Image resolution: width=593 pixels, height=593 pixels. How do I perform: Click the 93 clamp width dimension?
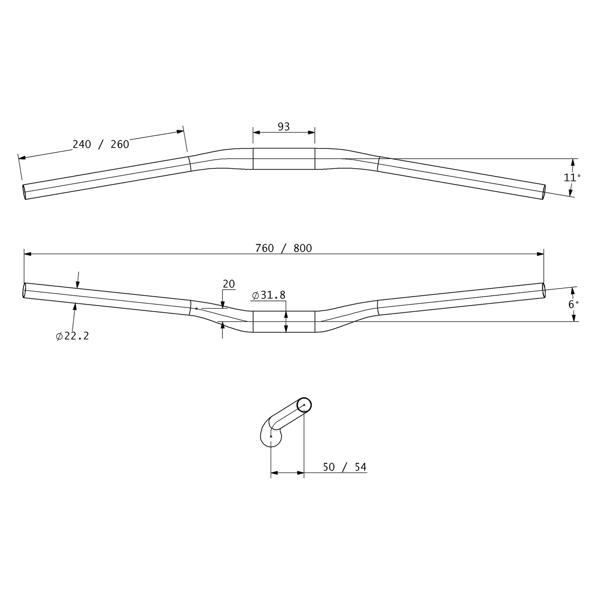pyautogui.click(x=284, y=126)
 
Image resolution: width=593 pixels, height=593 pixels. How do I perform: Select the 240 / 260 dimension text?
pyautogui.click(x=101, y=144)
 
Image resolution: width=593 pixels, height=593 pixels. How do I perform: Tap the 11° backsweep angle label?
pyautogui.click(x=572, y=177)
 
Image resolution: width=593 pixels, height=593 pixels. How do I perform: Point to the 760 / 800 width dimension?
pyautogui.click(x=284, y=248)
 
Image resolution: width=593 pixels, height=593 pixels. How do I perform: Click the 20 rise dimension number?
pyautogui.click(x=229, y=284)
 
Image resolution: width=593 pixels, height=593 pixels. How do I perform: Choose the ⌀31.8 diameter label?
pyautogui.click(x=268, y=295)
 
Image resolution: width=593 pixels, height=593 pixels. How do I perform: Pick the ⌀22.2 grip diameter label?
pyautogui.click(x=73, y=336)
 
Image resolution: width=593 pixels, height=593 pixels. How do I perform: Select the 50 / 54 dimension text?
pyautogui.click(x=345, y=467)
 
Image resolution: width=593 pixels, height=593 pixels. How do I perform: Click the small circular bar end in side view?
pyautogui.click(x=304, y=405)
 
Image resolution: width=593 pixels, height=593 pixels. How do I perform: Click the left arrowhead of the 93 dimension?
pyautogui.click(x=257, y=133)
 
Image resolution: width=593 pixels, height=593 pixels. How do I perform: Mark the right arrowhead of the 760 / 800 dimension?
pyautogui.click(x=540, y=254)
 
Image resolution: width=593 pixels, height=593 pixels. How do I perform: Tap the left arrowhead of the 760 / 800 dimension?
pyautogui.click(x=28, y=254)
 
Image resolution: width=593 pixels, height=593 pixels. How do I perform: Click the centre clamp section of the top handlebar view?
pyautogui.click(x=284, y=159)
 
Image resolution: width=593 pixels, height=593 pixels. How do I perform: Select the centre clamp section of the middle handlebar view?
pyautogui.click(x=284, y=321)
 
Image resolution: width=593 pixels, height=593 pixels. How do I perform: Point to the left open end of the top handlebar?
pyautogui.click(x=24, y=192)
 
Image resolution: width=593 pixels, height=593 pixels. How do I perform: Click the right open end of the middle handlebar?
pyautogui.click(x=544, y=290)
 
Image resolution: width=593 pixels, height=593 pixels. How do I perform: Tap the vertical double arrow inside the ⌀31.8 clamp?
pyautogui.click(x=286, y=321)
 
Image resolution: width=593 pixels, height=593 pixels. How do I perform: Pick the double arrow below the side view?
pyautogui.click(x=287, y=473)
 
